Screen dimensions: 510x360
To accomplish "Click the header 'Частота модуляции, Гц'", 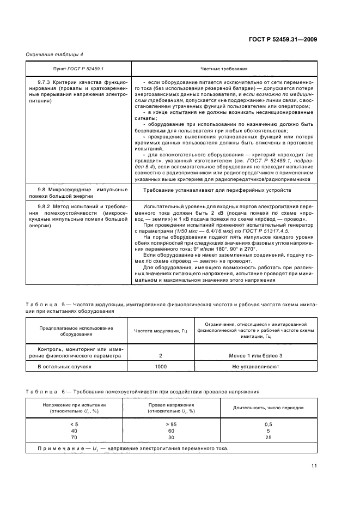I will click(161, 331).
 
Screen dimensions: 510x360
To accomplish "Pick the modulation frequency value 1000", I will click(161, 367).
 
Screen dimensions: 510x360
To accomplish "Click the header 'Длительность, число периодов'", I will click(272, 408).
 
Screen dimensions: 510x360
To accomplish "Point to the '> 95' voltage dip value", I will click(172, 424).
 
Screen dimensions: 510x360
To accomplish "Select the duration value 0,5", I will click(268, 424).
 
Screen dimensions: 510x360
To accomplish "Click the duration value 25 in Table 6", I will click(268, 437).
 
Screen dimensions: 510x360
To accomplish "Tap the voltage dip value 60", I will click(172, 430).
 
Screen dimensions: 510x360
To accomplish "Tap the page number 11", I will click(314, 466).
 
